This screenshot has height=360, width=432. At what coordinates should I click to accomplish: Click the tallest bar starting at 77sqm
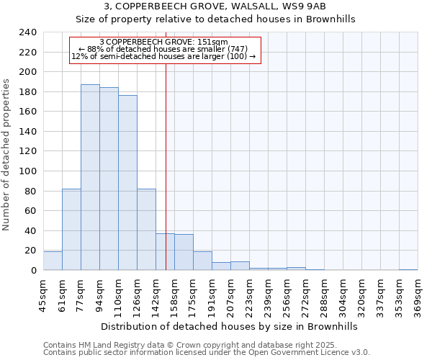[90, 177]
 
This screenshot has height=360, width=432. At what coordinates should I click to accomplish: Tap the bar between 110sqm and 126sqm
[127, 183]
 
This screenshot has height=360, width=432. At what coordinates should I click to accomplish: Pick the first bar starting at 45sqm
[53, 261]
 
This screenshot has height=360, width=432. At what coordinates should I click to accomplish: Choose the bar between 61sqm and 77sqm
[71, 229]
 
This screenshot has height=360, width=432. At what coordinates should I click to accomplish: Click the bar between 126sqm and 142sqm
[146, 229]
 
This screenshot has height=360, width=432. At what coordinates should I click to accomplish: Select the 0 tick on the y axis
[34, 271]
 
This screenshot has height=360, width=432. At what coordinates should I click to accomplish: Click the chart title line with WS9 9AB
[216, 6]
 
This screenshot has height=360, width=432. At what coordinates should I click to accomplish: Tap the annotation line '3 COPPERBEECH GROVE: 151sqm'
[164, 42]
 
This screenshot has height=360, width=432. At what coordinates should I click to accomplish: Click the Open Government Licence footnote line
[207, 352]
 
